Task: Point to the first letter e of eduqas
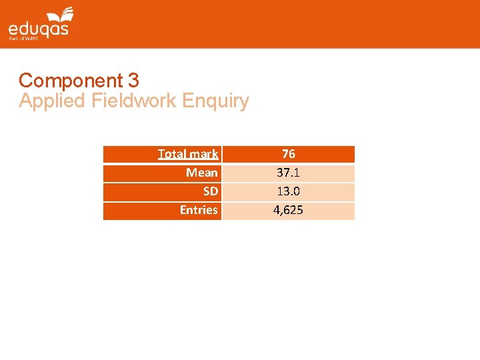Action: tap(13, 29)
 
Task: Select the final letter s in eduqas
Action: tap(65, 29)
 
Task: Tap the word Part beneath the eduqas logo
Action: tap(13, 39)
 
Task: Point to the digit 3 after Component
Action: tap(133, 81)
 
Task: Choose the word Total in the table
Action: tap(172, 154)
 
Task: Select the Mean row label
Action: tap(201, 173)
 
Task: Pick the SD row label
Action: tap(210, 191)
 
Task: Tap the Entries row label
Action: tap(199, 210)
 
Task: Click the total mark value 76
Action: tap(288, 154)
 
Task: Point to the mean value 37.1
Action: tap(288, 173)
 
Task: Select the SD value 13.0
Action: tap(288, 191)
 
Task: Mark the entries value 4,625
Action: tap(288, 210)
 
